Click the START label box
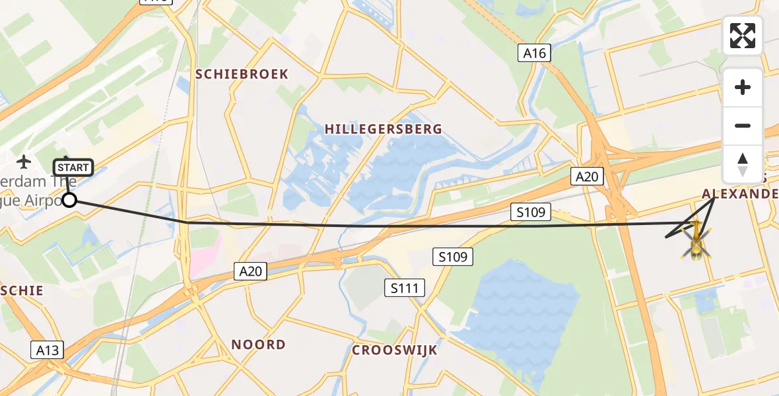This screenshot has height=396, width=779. (x=73, y=168)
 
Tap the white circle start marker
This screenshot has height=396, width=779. (x=69, y=200)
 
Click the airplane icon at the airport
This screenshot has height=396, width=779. (x=24, y=161)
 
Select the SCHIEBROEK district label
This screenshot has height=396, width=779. (x=242, y=74)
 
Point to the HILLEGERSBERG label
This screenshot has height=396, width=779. (x=384, y=129)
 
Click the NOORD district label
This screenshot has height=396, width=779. (x=259, y=345)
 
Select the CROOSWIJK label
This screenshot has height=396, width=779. (x=395, y=350)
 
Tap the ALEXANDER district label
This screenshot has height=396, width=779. (x=739, y=194)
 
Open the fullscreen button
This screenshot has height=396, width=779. (x=743, y=35)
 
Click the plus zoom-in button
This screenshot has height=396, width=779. (x=743, y=87)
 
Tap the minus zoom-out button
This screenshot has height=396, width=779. (x=743, y=125)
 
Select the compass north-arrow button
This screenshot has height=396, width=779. (x=743, y=164)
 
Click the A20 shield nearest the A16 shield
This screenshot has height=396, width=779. (x=586, y=176)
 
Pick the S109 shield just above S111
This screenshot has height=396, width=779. (x=453, y=257)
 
